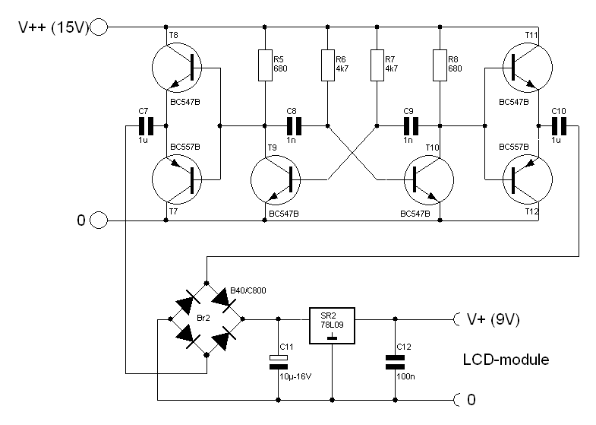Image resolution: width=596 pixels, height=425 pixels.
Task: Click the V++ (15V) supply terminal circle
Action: coord(99,28)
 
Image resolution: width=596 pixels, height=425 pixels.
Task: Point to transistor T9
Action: coord(276,180)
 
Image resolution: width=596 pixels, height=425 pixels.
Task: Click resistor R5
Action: coord(265,65)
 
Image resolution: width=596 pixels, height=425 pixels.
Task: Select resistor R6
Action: coord(326,65)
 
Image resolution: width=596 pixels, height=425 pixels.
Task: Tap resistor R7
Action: coord(377,65)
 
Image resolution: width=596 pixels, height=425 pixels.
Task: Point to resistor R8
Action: coord(440,65)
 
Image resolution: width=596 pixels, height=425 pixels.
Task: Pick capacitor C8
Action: coord(292,125)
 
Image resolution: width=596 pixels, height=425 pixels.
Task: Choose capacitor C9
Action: coord(409,125)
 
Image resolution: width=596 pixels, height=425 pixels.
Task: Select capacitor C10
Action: coord(559,125)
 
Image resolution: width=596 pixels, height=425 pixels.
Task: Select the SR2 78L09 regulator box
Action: coord(333,319)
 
